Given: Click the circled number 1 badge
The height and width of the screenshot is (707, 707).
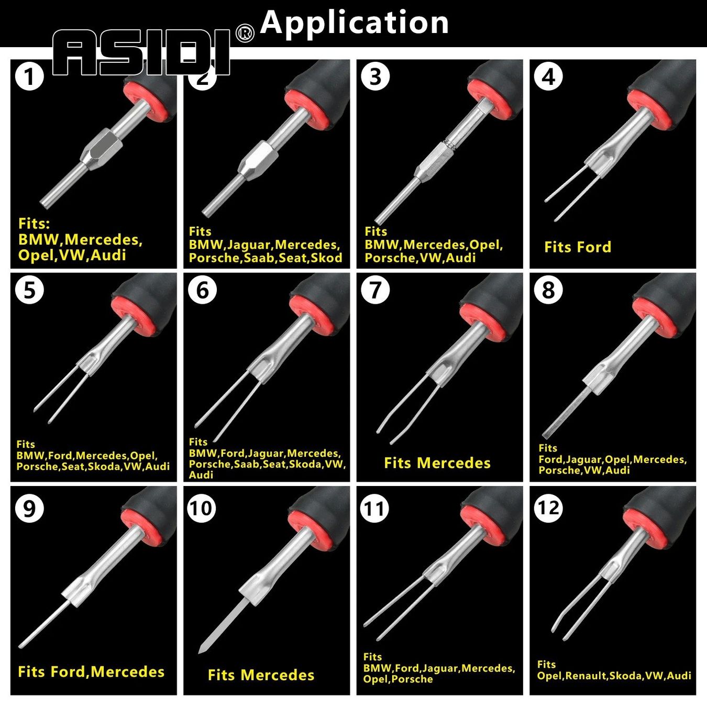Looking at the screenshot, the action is [30, 77].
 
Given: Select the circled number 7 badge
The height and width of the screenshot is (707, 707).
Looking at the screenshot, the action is [375, 290].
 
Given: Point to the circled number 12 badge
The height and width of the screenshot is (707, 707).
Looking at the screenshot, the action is [548, 508].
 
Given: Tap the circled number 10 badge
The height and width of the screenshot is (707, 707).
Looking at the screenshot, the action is [202, 508].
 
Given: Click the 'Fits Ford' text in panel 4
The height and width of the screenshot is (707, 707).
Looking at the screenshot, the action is [578, 247].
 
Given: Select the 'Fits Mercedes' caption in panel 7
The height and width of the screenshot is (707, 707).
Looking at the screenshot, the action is [437, 462].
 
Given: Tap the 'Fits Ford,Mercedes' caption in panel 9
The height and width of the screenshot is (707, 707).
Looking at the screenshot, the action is [91, 672].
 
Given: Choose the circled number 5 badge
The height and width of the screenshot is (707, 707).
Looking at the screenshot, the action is [30, 290].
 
